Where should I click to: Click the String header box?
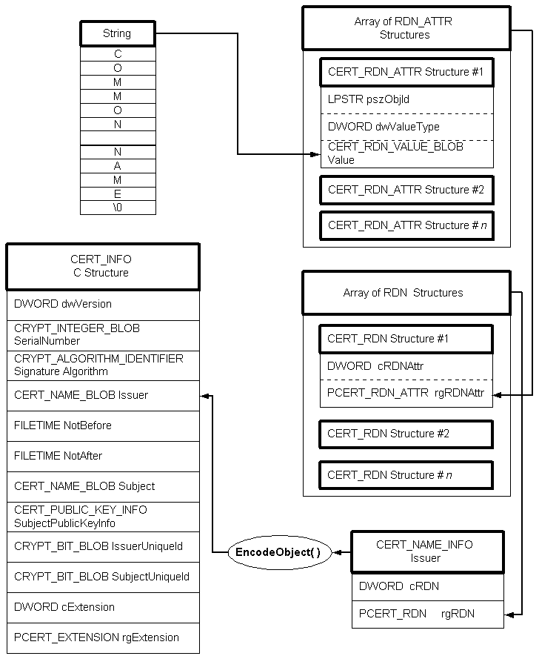(118, 33)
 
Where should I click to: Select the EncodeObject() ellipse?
(278, 552)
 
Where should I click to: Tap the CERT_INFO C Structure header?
(103, 266)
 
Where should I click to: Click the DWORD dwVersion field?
(103, 304)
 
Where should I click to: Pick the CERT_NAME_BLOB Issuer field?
(103, 395)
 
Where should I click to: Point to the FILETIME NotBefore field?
(103, 425)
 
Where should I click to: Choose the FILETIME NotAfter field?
(103, 456)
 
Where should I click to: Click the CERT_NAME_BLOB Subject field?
(103, 486)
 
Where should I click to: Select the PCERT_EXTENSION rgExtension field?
(103, 637)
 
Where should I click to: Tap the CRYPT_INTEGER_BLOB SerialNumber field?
(103, 335)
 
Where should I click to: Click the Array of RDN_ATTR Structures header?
(406, 28)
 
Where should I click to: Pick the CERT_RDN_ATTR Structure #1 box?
(406, 73)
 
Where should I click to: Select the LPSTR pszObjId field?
(406, 99)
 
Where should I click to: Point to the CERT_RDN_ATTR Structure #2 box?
(406, 190)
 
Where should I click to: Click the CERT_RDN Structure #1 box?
(406, 339)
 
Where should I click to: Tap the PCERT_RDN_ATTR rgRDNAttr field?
(406, 394)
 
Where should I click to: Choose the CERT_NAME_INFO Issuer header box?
(428, 551)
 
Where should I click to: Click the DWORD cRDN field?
(428, 586)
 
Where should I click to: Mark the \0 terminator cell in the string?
(118, 208)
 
